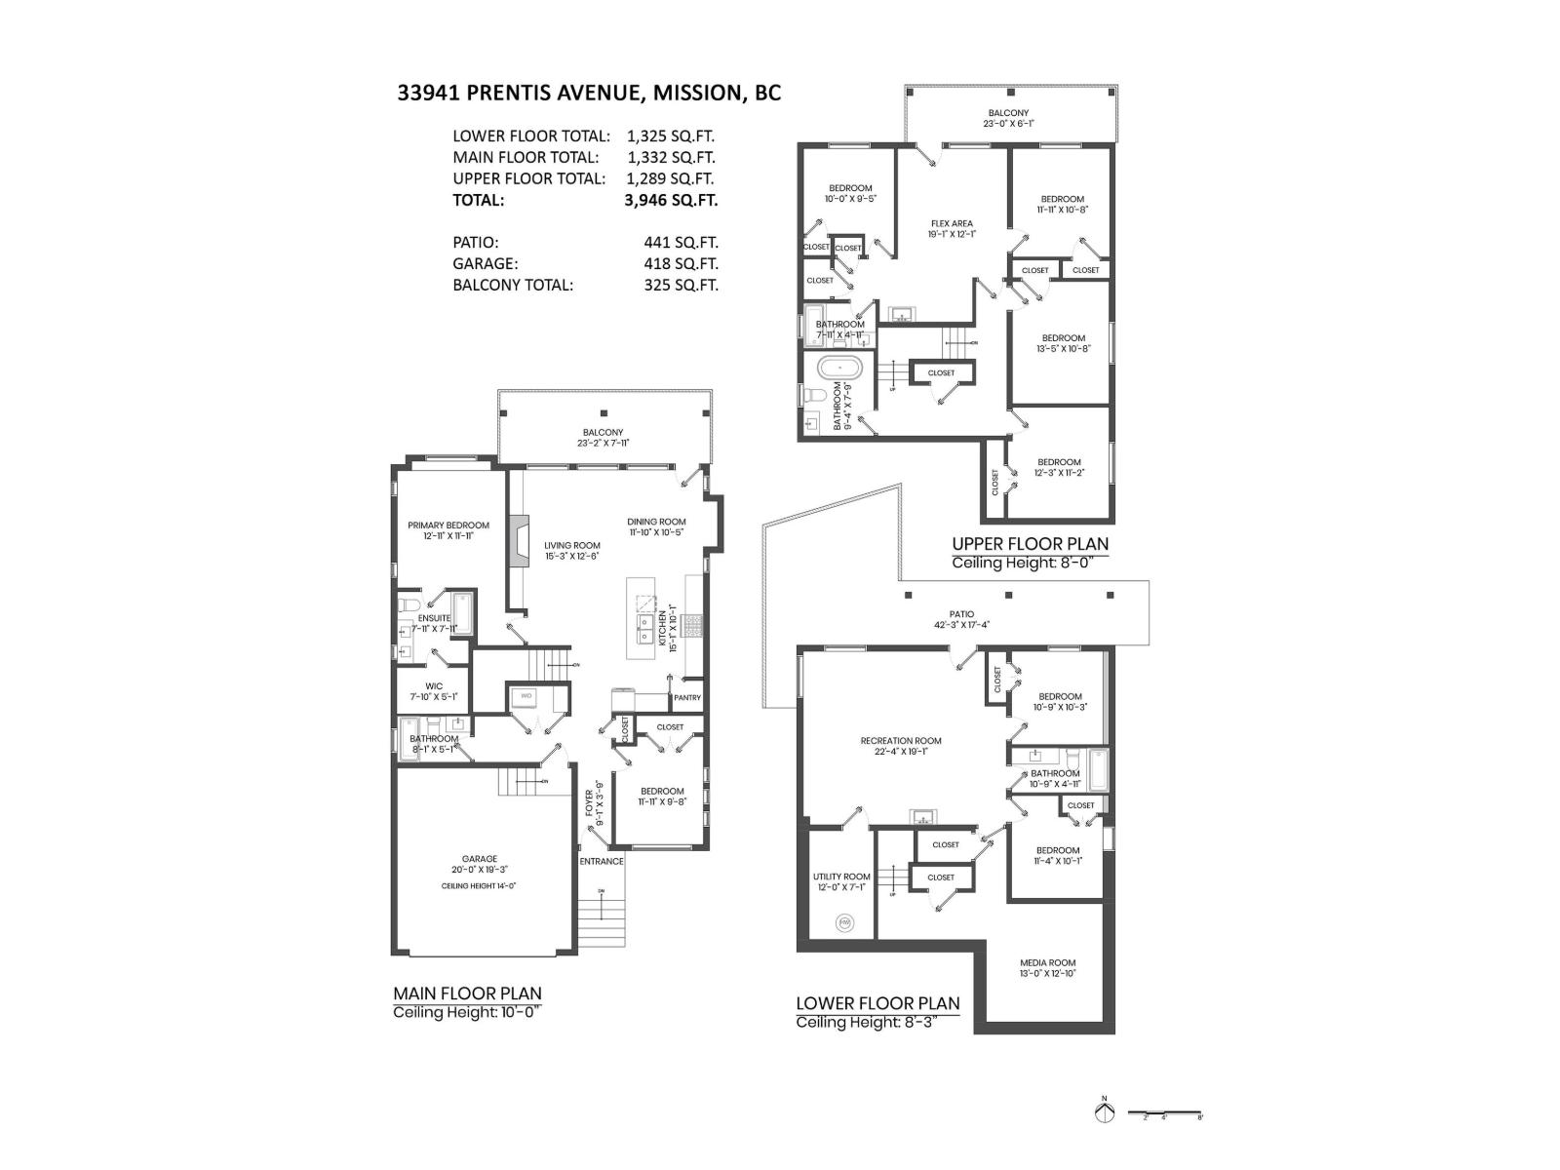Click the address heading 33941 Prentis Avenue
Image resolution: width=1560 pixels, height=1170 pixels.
pyautogui.click(x=588, y=94)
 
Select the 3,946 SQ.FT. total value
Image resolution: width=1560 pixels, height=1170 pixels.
pyautogui.click(x=671, y=201)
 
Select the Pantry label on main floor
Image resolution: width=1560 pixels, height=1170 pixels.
pyautogui.click(x=686, y=698)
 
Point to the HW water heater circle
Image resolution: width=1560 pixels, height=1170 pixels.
pyautogui.click(x=844, y=922)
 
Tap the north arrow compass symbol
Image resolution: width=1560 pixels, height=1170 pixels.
pyautogui.click(x=1105, y=1112)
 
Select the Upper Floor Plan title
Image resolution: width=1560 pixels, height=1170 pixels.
pyautogui.click(x=1030, y=544)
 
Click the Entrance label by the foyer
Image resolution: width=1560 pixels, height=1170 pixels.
pyautogui.click(x=602, y=861)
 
